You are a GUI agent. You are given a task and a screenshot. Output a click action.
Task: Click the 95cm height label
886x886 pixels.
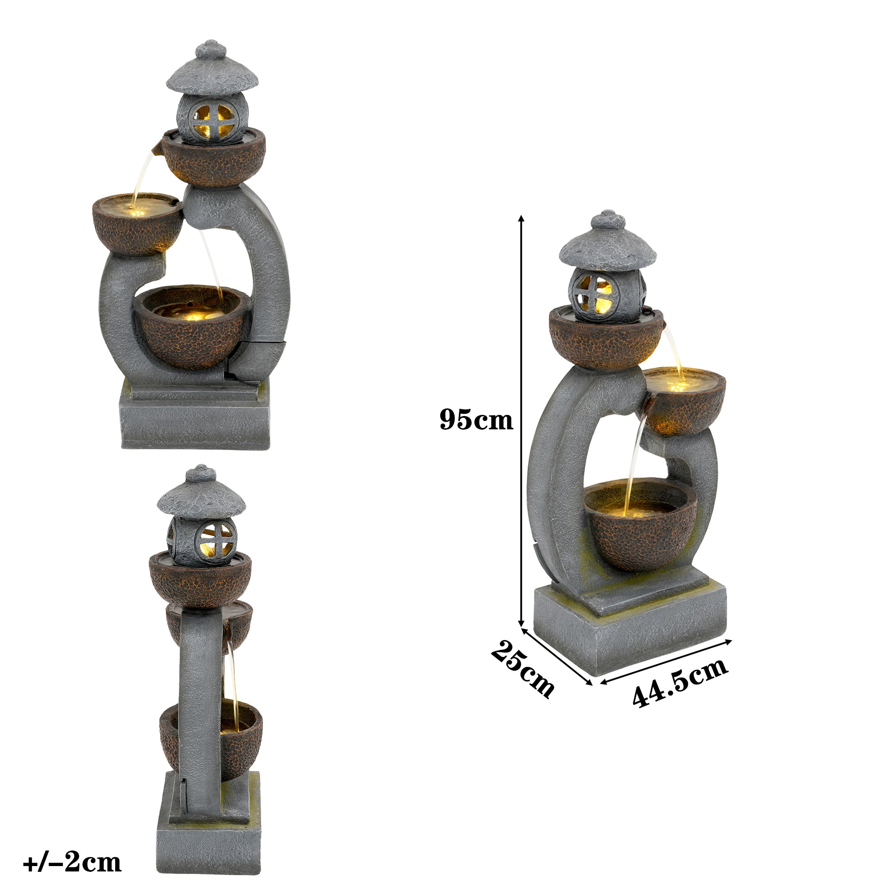pos(476,419)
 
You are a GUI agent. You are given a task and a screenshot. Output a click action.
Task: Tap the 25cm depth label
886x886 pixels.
pos(522,669)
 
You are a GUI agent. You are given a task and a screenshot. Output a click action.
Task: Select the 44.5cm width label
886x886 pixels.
pos(680,682)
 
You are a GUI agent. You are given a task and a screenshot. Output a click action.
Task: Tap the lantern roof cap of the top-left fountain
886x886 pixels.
pos(212,76)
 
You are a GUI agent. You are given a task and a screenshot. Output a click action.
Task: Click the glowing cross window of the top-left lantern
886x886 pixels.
pos(212,120)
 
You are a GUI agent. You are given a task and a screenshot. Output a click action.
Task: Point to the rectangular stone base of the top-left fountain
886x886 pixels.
pos(195,420)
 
